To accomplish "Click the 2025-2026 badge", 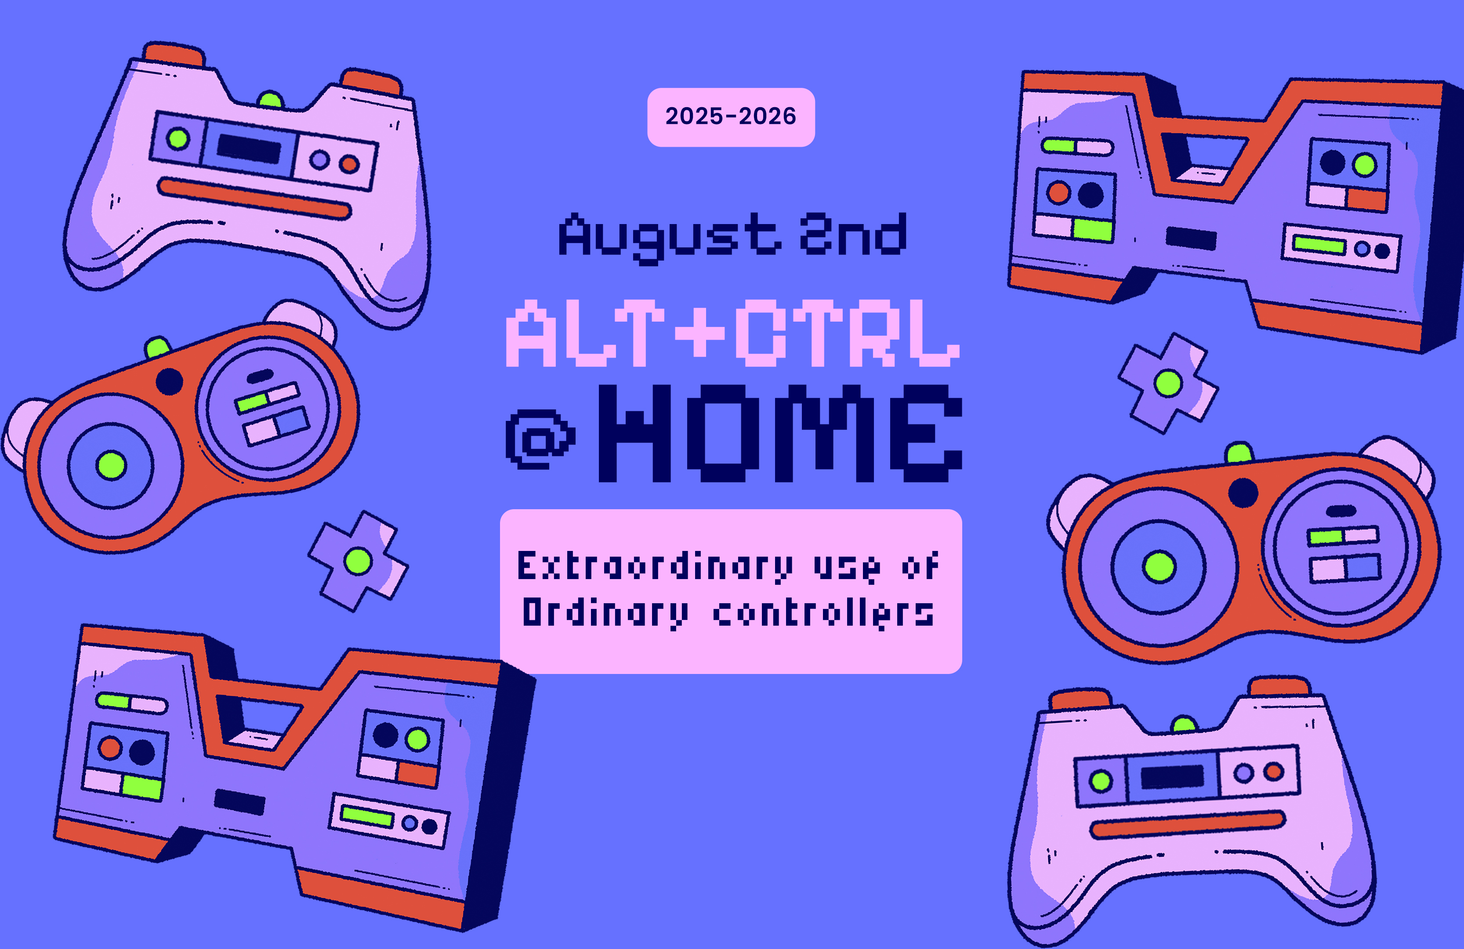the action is click(x=731, y=117).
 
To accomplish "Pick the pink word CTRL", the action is click(x=848, y=333).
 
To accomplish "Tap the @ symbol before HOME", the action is click(x=540, y=440).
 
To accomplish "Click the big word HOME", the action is click(x=780, y=433).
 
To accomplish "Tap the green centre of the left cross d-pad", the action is click(x=358, y=561).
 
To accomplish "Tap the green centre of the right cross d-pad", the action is click(x=1168, y=383).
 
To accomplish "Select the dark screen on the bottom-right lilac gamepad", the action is click(x=1172, y=777).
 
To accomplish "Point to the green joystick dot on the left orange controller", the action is click(x=111, y=464).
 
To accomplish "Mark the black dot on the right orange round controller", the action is click(x=1243, y=493).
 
